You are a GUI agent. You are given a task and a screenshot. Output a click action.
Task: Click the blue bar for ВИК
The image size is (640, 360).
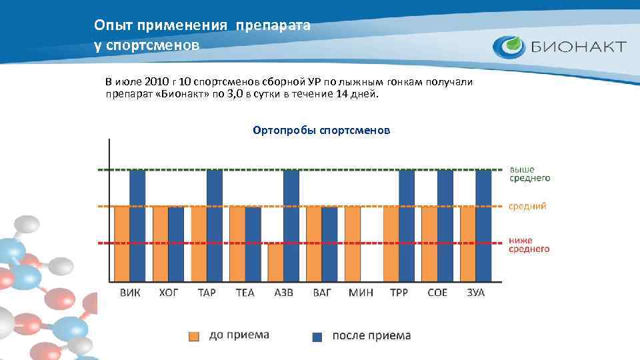point(137,225)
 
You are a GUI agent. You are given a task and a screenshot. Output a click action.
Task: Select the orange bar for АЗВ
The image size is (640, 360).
point(275,263)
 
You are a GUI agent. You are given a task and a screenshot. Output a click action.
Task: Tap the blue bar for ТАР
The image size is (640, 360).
point(214,225)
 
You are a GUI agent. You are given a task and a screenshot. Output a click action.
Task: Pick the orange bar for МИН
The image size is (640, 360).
point(353,243)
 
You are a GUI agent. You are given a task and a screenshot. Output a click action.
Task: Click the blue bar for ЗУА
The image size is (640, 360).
point(483,225)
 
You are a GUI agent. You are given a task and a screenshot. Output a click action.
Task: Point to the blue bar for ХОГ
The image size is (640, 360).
point(176,244)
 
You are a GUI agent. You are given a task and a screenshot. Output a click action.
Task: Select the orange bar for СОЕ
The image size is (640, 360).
point(429,243)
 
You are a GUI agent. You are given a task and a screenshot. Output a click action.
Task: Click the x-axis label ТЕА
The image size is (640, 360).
point(245,293)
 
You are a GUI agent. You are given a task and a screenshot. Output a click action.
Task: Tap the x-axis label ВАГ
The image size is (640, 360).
point(322,293)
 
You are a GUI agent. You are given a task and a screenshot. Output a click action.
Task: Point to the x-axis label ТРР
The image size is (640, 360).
point(399,293)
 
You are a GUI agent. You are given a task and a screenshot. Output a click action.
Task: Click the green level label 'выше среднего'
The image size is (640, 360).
point(530,173)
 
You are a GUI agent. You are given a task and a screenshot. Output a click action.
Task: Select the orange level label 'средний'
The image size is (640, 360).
point(527,206)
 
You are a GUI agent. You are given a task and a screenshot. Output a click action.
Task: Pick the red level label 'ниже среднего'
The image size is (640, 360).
point(529,244)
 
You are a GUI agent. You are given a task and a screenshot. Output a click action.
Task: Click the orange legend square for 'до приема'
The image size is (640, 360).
point(194,336)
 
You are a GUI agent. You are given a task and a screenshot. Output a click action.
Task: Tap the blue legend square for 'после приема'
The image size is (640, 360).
point(317,336)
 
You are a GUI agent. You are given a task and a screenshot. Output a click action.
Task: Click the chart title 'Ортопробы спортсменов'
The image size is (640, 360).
point(321,130)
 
